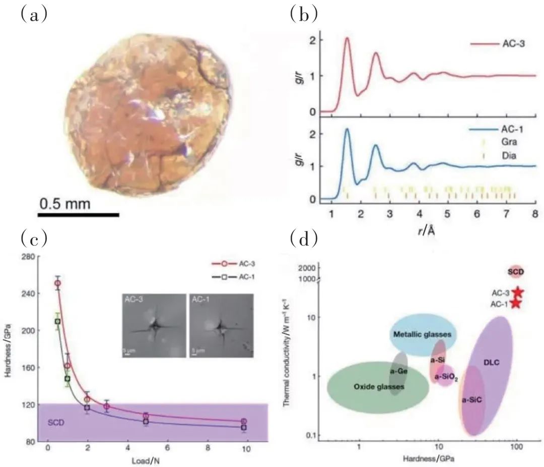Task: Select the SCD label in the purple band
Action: (x=56, y=423)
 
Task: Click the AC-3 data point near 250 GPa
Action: (x=57, y=283)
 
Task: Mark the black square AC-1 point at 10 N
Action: (x=244, y=428)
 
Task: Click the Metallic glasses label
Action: (x=422, y=334)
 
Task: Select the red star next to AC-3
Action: (x=517, y=292)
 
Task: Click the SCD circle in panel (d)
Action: (x=516, y=272)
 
